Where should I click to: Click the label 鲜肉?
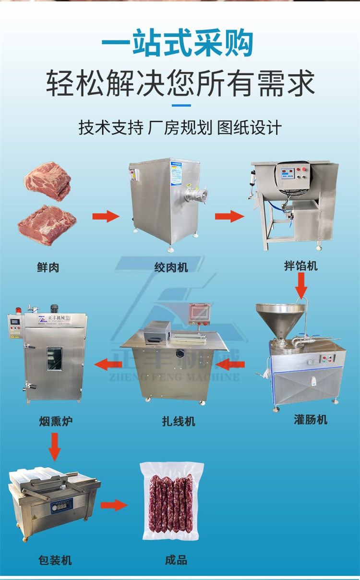tap(48, 267)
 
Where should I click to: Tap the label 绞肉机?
tap(171, 267)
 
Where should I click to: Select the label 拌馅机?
tap(301, 266)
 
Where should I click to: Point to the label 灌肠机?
tap(311, 419)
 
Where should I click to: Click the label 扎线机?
tap(179, 422)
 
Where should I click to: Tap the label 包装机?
tap(55, 560)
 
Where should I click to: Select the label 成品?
tap(176, 560)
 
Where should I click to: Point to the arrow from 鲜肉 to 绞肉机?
tap(106, 216)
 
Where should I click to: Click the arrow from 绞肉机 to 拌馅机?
tap(229, 216)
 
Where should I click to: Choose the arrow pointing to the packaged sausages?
tap(114, 505)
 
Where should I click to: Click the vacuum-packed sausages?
tap(171, 502)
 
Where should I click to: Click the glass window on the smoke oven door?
tap(54, 359)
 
